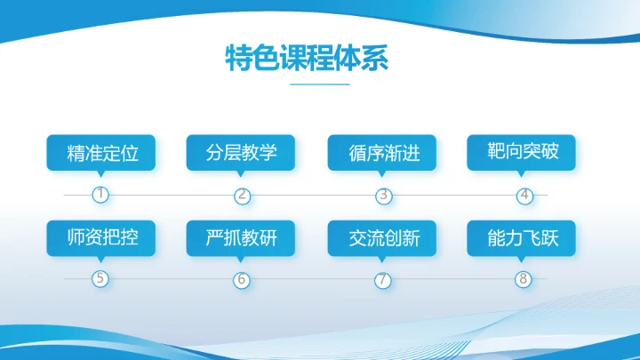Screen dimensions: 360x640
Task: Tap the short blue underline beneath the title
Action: [320, 84]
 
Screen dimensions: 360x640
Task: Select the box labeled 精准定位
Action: [102, 152]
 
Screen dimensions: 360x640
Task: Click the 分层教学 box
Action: [243, 152]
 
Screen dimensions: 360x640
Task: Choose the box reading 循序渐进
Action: [383, 153]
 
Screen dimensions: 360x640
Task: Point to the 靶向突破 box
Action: [524, 152]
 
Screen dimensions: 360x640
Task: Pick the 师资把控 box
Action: [102, 237]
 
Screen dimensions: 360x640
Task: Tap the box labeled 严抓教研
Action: [243, 237]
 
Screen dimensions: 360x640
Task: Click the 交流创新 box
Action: [383, 237]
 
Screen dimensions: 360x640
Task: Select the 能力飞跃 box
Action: [524, 237]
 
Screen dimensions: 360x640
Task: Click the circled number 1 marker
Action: [101, 194]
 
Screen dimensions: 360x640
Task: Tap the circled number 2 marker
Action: [243, 195]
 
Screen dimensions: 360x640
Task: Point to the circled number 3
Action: [383, 195]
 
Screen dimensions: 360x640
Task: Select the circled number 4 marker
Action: [524, 195]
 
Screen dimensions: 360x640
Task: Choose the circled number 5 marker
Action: [100, 279]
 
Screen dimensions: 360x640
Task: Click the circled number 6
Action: [242, 279]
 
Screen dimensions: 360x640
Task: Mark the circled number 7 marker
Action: [383, 279]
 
